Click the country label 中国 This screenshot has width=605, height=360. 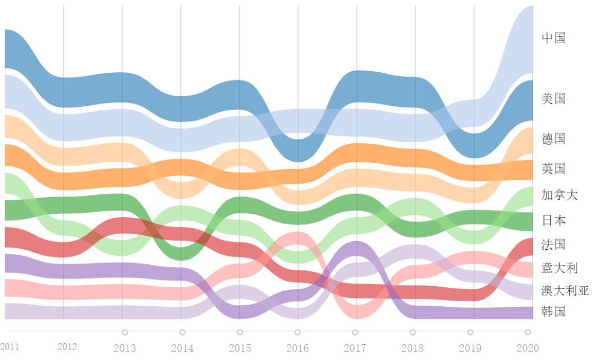coord(553,38)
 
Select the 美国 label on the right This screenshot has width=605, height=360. coord(553,99)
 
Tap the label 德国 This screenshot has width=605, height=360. coord(553,139)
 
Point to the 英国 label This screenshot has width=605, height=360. coord(553,169)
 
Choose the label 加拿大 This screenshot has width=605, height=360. coord(560,195)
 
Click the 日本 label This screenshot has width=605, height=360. coord(553,221)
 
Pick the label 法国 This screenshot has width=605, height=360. coord(553,245)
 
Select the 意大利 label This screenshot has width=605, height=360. coord(560,268)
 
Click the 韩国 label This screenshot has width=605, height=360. coord(553,312)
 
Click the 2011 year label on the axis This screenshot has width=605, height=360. coord(10,347)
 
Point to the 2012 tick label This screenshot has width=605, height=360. coord(67,347)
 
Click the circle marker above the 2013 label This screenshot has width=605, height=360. coord(125,333)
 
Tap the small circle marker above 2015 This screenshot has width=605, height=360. coord(240,333)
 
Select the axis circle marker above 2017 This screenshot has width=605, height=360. coord(355,333)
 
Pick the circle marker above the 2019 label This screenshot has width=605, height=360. coord(470,333)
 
